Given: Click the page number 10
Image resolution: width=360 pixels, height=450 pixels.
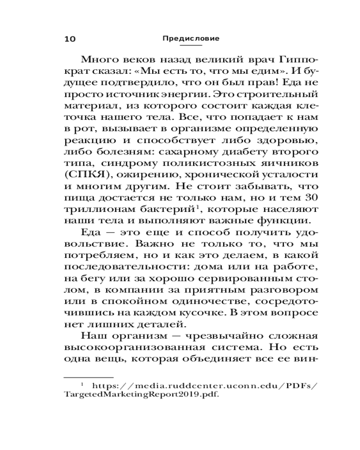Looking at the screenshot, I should pyautogui.click(x=70, y=39).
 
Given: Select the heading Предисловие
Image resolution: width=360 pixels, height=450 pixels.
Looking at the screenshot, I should pyautogui.click(x=191, y=39).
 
